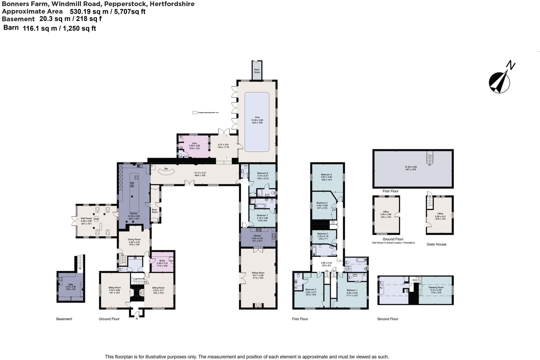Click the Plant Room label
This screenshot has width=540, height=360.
[x=257, y=71]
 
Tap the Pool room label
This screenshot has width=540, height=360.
[x=257, y=117]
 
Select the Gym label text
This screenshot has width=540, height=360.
[x=194, y=143]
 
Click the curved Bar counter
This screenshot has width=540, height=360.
[x=166, y=172]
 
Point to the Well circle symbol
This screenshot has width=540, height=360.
[x=96, y=219]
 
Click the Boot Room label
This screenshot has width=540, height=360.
[x=155, y=211]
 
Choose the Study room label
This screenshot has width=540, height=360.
[x=162, y=261]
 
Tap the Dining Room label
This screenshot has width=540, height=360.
[x=134, y=239]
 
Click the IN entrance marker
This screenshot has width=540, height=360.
[x=137, y=319]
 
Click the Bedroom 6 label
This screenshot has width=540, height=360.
[x=262, y=173]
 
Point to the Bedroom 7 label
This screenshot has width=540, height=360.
[x=262, y=215]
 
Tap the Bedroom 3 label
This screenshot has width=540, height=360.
[x=323, y=234]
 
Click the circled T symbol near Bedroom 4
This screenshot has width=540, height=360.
[x=333, y=222]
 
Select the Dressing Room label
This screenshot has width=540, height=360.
[x=436, y=287]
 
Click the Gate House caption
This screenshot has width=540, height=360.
[x=436, y=244]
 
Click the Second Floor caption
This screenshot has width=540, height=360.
[x=388, y=319]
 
